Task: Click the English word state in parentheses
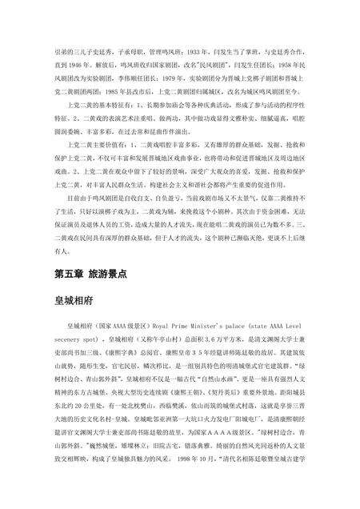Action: click(270, 327)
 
